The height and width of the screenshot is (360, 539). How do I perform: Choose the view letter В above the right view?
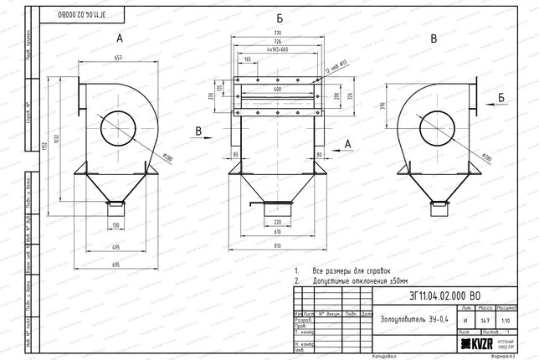coord(432,39)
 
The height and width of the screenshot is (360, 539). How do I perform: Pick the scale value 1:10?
coord(507,320)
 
